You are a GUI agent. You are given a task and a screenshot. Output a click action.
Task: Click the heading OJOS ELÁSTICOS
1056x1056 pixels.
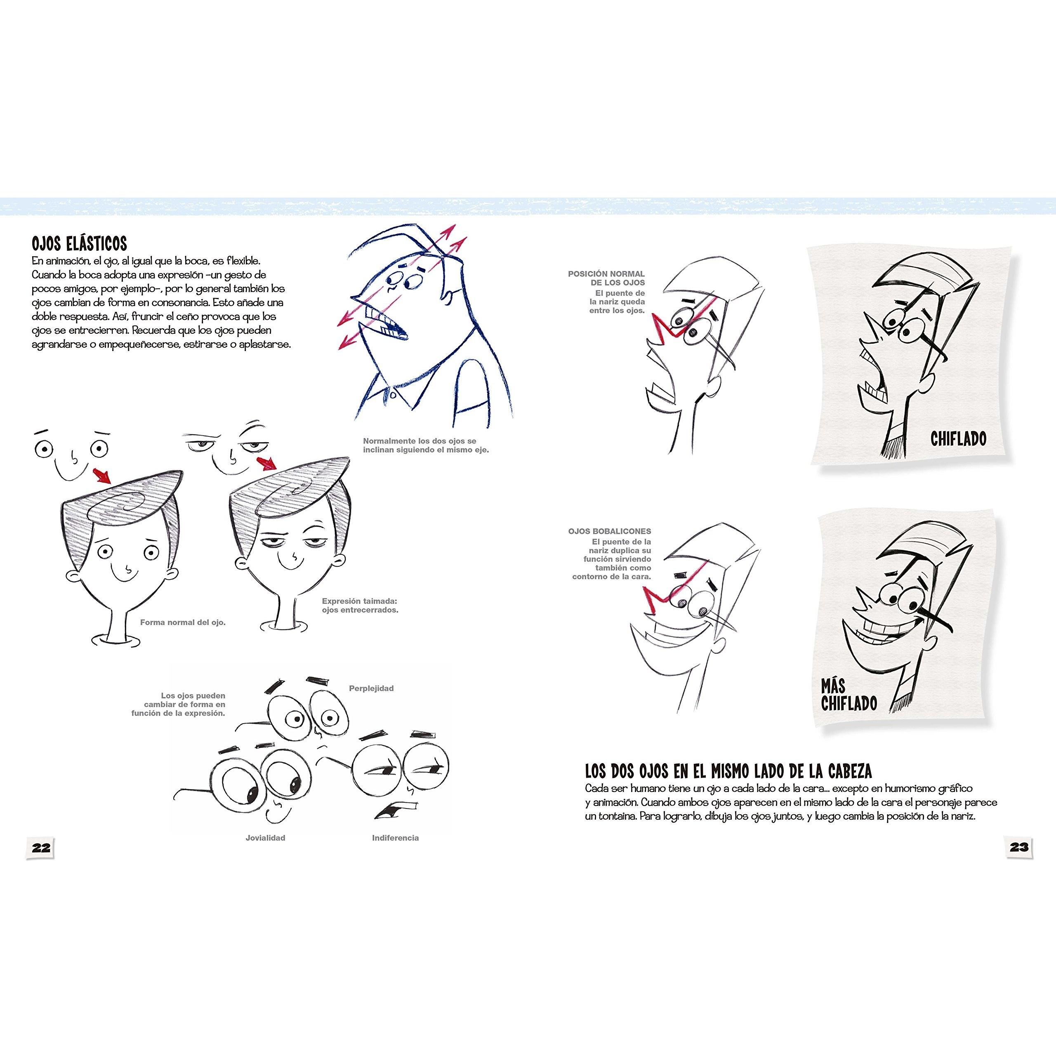click(79, 243)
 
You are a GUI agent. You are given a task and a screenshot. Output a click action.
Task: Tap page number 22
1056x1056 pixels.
click(41, 848)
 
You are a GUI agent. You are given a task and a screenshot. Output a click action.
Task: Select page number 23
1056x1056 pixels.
click(1019, 847)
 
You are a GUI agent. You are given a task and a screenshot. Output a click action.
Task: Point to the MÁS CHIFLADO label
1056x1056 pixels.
click(849, 694)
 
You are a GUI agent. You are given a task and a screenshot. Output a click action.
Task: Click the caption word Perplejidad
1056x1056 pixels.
click(371, 688)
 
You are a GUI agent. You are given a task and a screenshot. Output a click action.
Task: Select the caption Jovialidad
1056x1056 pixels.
click(265, 837)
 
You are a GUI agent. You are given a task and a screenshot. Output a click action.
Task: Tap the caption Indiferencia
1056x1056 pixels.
click(395, 837)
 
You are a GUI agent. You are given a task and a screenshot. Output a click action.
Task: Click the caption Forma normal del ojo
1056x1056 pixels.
click(183, 622)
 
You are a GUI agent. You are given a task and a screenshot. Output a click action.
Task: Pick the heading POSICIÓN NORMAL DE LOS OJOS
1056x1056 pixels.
click(606, 278)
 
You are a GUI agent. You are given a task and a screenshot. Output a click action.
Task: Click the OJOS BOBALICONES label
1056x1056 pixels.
click(609, 531)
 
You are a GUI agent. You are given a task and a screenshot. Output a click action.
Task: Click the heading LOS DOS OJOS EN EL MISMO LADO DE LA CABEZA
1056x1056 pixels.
click(728, 771)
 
